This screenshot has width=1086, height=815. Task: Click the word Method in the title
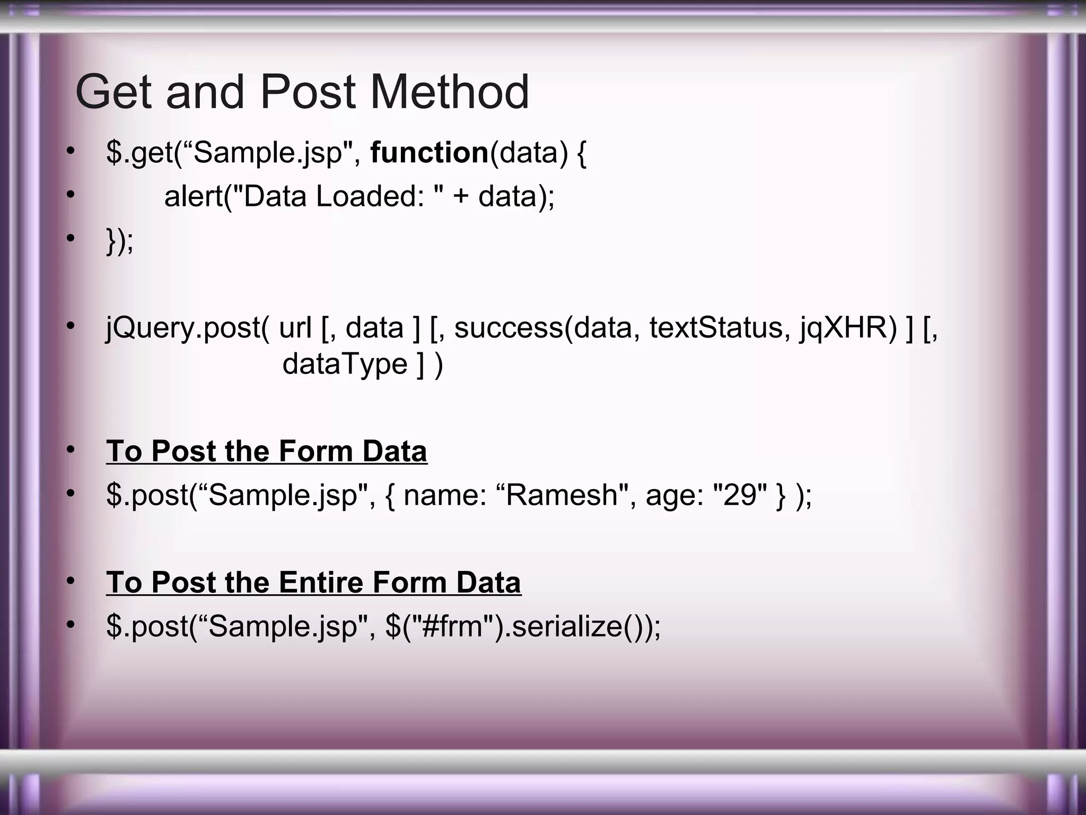tap(450, 92)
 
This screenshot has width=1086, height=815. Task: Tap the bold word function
tap(429, 153)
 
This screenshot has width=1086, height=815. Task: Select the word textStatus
tap(716, 327)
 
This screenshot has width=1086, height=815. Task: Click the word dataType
tap(345, 365)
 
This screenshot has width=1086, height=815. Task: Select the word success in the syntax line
tap(509, 327)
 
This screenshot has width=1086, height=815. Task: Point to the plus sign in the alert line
tap(461, 197)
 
